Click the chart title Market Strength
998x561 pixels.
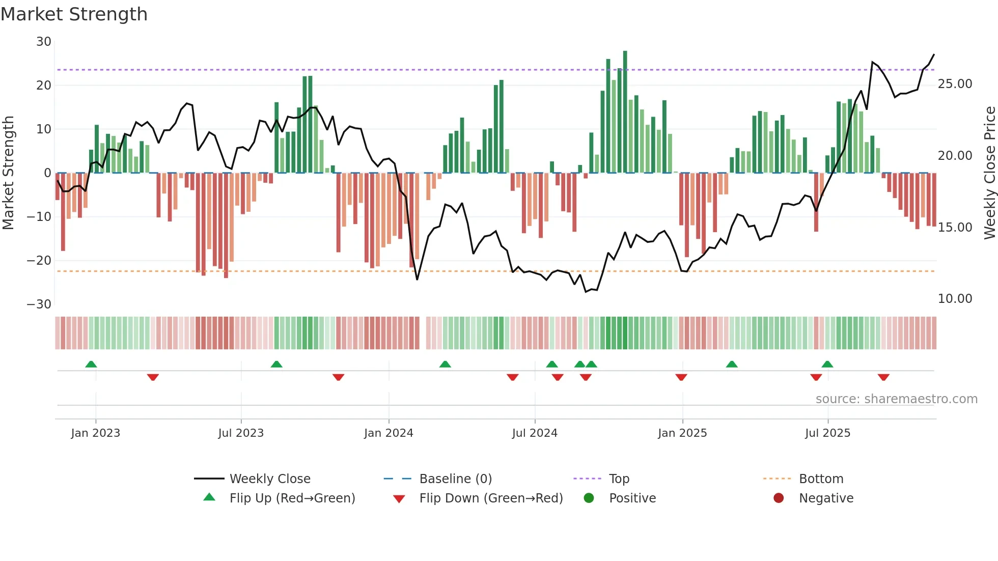pos(74,14)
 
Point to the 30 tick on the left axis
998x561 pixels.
pos(44,42)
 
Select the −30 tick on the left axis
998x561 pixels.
pos(39,304)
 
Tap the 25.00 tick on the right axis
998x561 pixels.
pos(955,84)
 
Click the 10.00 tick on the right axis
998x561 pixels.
pos(955,299)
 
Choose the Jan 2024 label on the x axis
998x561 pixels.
pos(389,433)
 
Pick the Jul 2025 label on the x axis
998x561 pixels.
pos(827,433)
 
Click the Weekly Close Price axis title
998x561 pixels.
pos(989,173)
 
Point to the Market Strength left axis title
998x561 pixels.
pos(8,173)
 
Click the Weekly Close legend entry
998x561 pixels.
pos(269,479)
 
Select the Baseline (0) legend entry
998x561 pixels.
pos(455,479)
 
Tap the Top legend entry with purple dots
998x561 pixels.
pos(619,479)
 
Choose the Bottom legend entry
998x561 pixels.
pos(821,479)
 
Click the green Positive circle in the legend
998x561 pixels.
pos(589,498)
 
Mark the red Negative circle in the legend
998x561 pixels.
pos(779,498)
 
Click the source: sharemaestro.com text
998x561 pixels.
pos(896,399)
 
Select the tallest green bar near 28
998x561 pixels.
pos(625,112)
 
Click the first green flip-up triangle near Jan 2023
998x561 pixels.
pos(91,364)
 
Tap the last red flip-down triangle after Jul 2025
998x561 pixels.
pos(883,377)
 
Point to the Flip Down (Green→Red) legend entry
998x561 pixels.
pos(490,498)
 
